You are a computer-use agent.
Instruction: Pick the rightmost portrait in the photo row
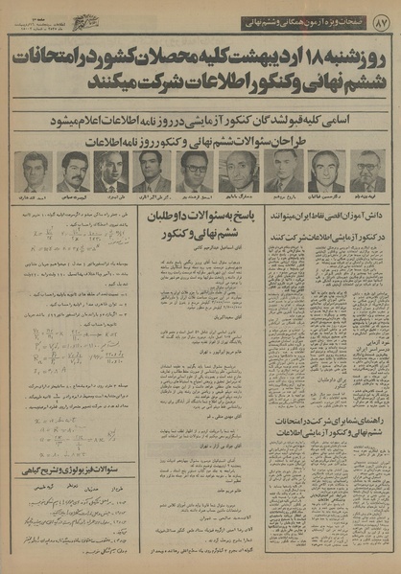(x=366, y=172)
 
